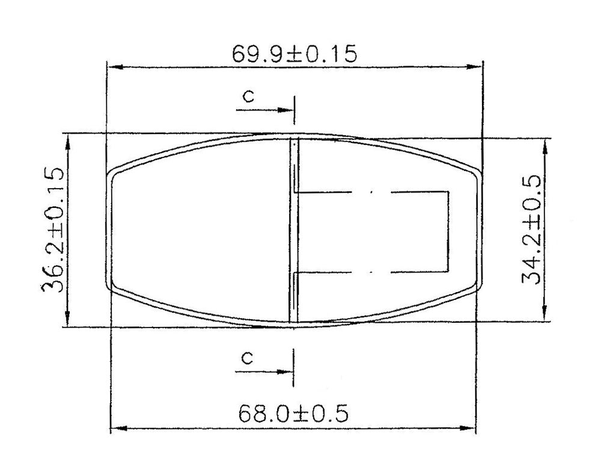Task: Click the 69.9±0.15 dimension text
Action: [294, 54]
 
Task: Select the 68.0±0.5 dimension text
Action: [294, 413]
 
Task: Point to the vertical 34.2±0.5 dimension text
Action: [532, 230]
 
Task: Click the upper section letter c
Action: [246, 96]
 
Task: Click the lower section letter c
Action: [246, 358]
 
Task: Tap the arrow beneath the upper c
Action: [264, 110]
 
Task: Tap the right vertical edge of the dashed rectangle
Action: [450, 231]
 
